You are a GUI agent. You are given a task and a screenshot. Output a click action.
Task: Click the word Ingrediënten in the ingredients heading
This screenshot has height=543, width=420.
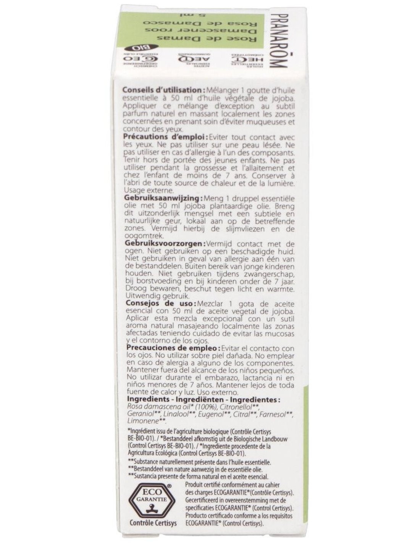pos(204,400)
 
